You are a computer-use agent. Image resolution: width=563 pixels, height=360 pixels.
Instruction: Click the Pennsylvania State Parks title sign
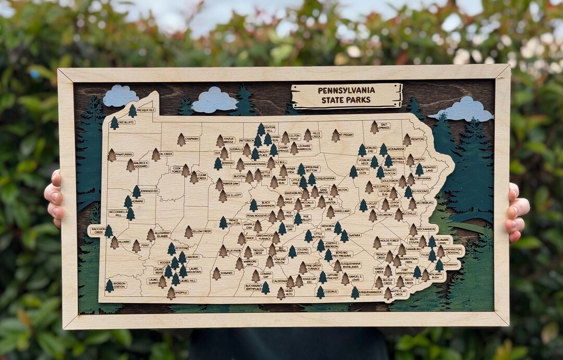pyautogui.click(x=347, y=96)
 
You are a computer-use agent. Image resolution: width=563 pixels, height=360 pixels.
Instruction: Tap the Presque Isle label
pyautogui.click(x=146, y=110)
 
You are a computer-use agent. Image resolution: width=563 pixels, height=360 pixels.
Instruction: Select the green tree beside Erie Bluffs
pyautogui.click(x=114, y=123)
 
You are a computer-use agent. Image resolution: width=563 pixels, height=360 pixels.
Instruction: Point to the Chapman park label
pyautogui.click(x=191, y=139)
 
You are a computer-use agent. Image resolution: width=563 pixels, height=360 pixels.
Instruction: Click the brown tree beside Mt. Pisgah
pyautogui.click(x=335, y=135)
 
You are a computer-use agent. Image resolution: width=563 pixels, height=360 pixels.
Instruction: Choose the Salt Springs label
pyautogui.click(x=385, y=126)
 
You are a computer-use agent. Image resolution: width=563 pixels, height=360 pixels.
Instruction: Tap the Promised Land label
pyautogui.click(x=430, y=169)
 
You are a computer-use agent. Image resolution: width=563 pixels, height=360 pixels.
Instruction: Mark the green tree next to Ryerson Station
pyautogui.click(x=109, y=285)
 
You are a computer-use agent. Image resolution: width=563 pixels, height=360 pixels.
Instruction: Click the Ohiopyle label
pyautogui.click(x=180, y=293)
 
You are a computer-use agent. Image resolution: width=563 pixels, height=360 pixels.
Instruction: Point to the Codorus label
pyautogui.click(x=331, y=292)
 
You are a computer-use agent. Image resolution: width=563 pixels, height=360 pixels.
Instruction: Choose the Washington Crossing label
pyautogui.click(x=452, y=251)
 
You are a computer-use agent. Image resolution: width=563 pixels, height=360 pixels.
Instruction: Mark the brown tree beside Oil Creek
pyautogui.click(x=155, y=154)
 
